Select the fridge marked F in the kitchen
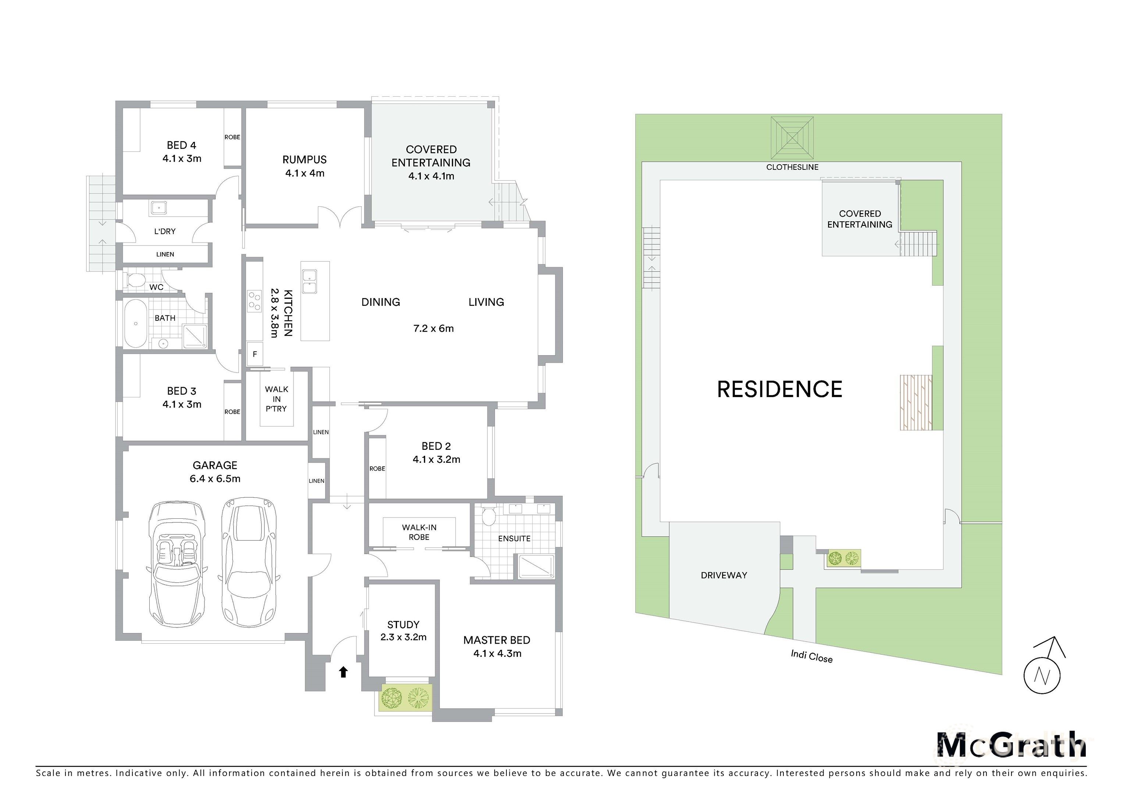click(x=255, y=354)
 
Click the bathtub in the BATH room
click(x=136, y=323)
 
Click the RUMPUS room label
click(x=304, y=160)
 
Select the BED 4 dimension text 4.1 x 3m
click(x=182, y=158)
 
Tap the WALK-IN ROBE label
click(x=419, y=532)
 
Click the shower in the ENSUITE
click(x=536, y=566)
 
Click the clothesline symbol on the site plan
click(x=792, y=137)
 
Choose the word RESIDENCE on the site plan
click(x=779, y=389)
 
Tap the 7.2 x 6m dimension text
click(x=433, y=328)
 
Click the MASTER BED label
click(x=497, y=640)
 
